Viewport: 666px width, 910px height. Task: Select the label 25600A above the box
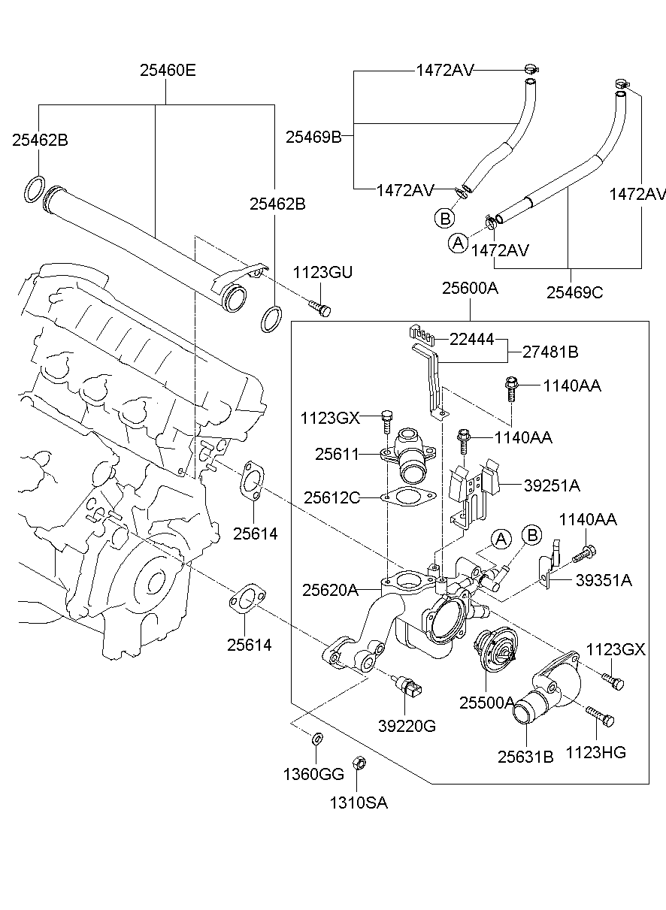tap(470, 288)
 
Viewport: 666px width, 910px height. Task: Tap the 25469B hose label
tap(313, 137)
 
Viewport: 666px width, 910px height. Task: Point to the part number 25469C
tap(574, 292)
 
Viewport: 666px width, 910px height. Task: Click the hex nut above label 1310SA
tap(359, 763)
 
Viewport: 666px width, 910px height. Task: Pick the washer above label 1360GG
tap(317, 738)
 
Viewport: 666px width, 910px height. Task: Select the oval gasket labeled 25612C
tap(407, 497)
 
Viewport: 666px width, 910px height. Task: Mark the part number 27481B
tap(551, 351)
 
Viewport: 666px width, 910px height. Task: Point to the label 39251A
tap(552, 485)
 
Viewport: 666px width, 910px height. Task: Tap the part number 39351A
tap(604, 579)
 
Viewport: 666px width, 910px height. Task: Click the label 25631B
tap(525, 757)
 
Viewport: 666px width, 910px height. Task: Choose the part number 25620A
tap(330, 591)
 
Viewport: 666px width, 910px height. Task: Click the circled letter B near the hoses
tap(445, 218)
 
